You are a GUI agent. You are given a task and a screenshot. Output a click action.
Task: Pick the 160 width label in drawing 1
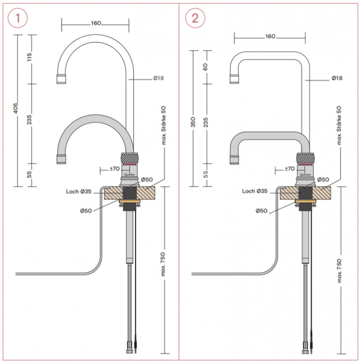[x=95, y=24]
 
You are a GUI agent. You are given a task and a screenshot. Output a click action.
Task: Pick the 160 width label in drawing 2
[x=270, y=36]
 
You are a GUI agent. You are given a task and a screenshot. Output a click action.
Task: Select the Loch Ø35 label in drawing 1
[x=80, y=192]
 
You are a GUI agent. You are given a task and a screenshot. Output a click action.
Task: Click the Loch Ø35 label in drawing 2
[x=255, y=191]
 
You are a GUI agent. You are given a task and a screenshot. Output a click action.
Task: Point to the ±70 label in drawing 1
[x=114, y=169]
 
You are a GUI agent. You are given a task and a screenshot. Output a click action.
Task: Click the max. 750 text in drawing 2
[x=340, y=268]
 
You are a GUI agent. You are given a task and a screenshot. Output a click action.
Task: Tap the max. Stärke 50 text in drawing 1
[x=164, y=125]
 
